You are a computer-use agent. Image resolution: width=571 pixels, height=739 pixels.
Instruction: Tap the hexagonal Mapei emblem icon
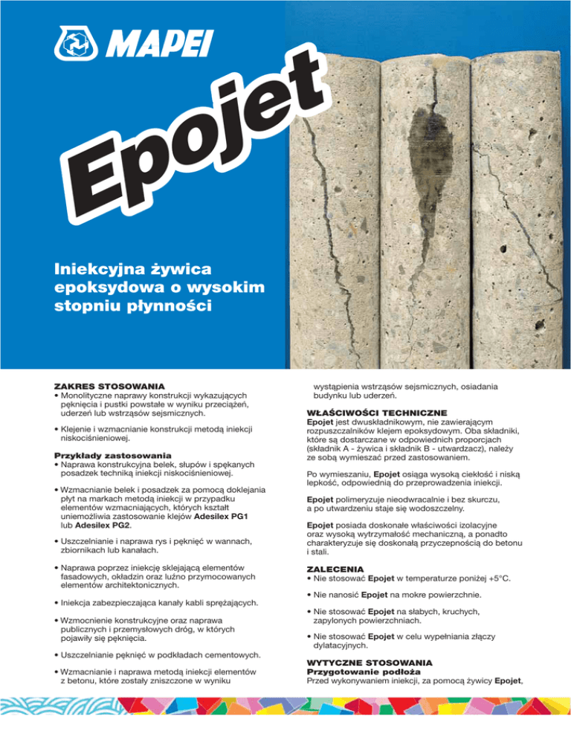[x=72, y=45]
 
